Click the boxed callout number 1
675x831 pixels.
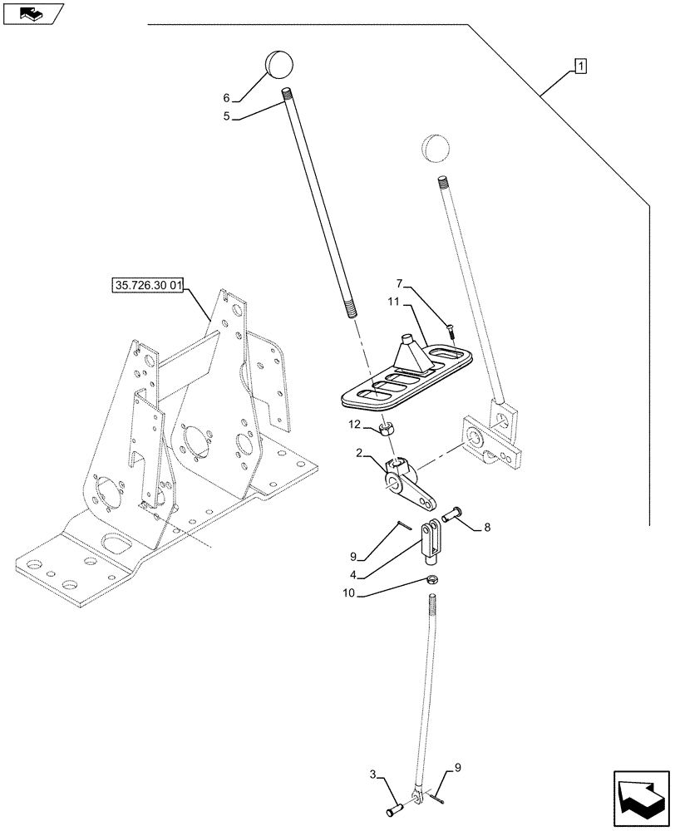[579, 66]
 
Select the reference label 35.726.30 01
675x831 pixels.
[148, 288]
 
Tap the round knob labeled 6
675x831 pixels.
[279, 62]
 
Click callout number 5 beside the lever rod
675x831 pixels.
[226, 117]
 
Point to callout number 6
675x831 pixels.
[225, 97]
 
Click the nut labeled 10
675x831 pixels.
[434, 579]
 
